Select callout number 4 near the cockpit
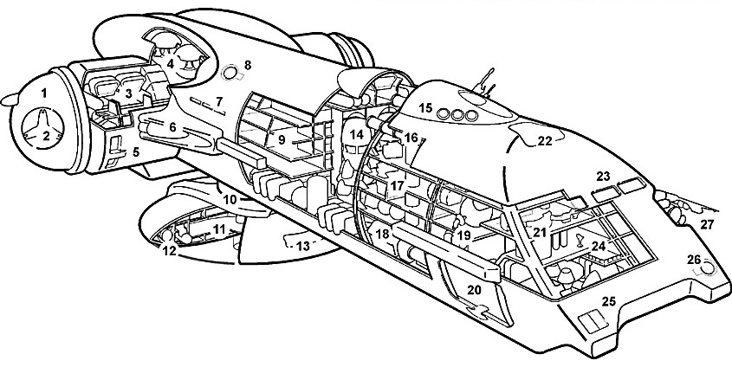point(171,63)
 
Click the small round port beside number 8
point(230,70)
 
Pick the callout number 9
point(280,138)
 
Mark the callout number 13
point(302,246)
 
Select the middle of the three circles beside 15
point(457,114)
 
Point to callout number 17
point(397,185)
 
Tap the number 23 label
point(603,176)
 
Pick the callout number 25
point(608,301)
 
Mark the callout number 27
point(707,226)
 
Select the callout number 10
point(230,200)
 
